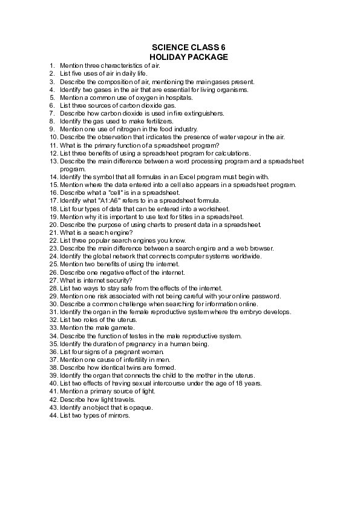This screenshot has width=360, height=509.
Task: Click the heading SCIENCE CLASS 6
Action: point(188,47)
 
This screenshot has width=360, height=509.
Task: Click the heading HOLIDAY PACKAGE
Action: point(188,56)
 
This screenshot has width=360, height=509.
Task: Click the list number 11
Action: point(53,145)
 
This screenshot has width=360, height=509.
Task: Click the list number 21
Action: point(53,232)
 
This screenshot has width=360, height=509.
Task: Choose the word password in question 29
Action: point(266,296)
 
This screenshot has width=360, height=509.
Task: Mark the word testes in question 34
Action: point(130,335)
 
